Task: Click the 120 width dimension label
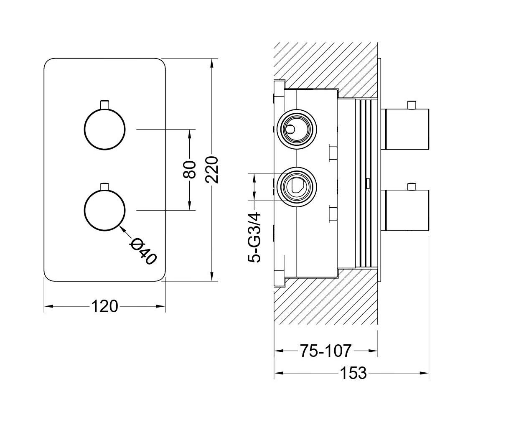point(104,306)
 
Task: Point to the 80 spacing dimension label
point(190,169)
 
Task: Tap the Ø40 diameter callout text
point(143,251)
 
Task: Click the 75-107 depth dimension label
point(325,351)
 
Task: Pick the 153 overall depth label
point(352,373)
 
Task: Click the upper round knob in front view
point(104,129)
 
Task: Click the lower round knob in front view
point(104,210)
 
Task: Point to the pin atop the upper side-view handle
point(412,104)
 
